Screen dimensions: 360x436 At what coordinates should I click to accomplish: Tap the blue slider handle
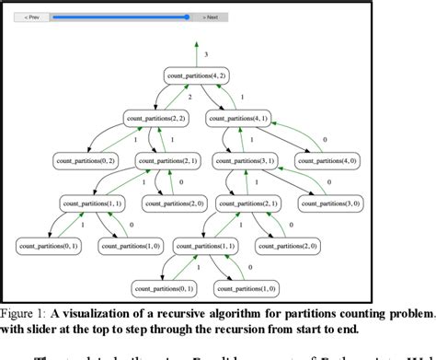[x=187, y=17]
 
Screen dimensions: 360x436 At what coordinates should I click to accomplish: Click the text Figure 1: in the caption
[x=23, y=311]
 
